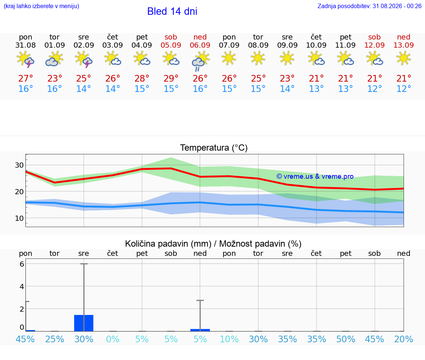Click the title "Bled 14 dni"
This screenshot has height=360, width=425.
pyautogui.click(x=172, y=11)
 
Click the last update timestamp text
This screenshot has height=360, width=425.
pyautogui.click(x=369, y=6)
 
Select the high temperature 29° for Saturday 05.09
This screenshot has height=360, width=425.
pyautogui.click(x=171, y=78)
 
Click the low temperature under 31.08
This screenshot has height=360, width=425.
pyautogui.click(x=25, y=89)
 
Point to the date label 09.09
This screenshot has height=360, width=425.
pyautogui.click(x=287, y=45)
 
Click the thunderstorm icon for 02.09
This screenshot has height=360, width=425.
pyautogui.click(x=84, y=59)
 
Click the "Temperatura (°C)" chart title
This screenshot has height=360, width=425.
pyautogui.click(x=214, y=148)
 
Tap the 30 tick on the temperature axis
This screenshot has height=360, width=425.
pyautogui.click(x=19, y=165)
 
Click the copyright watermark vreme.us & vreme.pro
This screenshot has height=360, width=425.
pyautogui.click(x=315, y=176)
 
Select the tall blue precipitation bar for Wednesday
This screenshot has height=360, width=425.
pyautogui.click(x=84, y=323)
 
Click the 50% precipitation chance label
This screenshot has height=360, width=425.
pyautogui.click(x=346, y=339)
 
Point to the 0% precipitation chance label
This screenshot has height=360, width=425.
pyautogui.click(x=113, y=339)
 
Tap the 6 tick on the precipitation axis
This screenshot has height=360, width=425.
pyautogui.click(x=22, y=264)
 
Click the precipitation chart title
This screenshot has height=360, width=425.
pyautogui.click(x=213, y=244)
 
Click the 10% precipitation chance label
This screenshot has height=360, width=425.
pyautogui.click(x=229, y=339)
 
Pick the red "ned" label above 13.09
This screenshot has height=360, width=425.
pyautogui.click(x=404, y=37)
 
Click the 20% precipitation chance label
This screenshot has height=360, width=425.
pyautogui.click(x=404, y=339)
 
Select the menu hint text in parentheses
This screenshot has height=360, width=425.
pyautogui.click(x=41, y=6)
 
